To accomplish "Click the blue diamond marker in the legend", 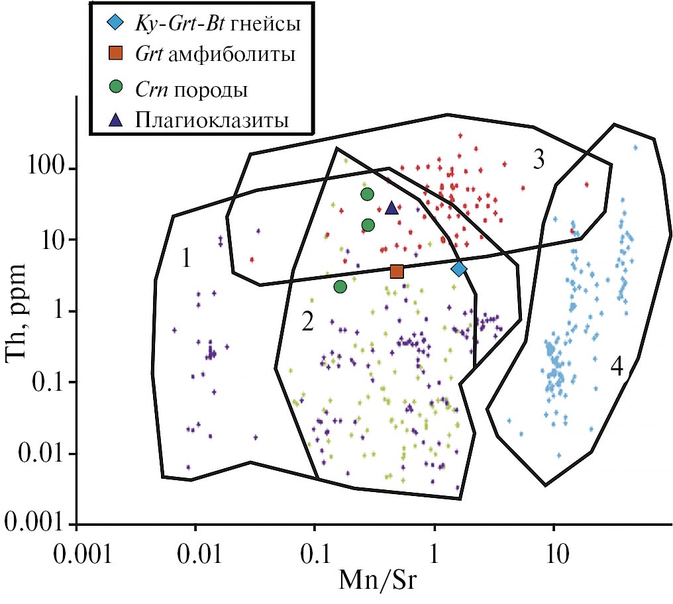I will pyautogui.click(x=115, y=25).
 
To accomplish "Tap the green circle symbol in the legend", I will pyautogui.click(x=115, y=87).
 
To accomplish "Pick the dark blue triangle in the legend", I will pyautogui.click(x=115, y=120).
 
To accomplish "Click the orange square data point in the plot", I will pyautogui.click(x=397, y=271).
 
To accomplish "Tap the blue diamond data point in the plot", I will pyautogui.click(x=459, y=268).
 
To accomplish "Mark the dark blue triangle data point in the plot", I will pyautogui.click(x=391, y=208).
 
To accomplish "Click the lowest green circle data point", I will pyautogui.click(x=340, y=287).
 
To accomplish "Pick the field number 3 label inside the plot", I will pyautogui.click(x=539, y=160).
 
